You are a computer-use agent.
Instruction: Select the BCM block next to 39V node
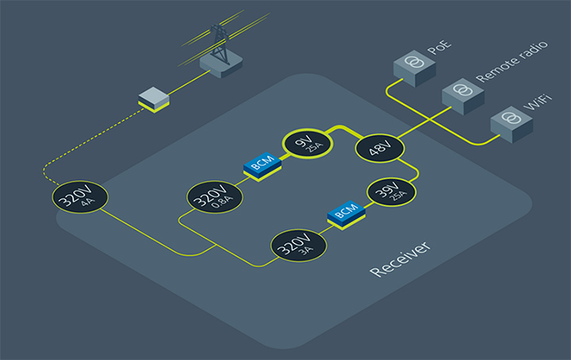(x=345, y=214)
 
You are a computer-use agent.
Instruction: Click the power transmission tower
(x=219, y=42)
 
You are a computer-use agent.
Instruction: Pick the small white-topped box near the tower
(x=153, y=98)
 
